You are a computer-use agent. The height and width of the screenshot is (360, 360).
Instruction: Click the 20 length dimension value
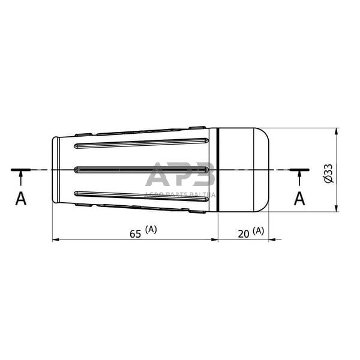[244, 234]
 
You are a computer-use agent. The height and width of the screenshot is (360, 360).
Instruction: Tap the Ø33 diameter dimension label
[328, 172]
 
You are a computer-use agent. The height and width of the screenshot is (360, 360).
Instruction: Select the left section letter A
[21, 198]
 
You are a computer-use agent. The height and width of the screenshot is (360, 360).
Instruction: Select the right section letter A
[299, 198]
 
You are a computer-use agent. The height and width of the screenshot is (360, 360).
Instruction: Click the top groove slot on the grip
[141, 144]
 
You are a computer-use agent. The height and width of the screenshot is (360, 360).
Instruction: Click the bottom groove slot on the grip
[141, 194]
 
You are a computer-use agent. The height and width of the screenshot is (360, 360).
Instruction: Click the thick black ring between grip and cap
[218, 169]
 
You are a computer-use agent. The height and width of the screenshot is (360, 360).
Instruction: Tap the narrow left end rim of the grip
[56, 169]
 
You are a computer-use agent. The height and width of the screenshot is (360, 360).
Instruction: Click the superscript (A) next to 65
[151, 229]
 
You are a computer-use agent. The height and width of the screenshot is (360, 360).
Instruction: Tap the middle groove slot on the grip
[141, 169]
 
